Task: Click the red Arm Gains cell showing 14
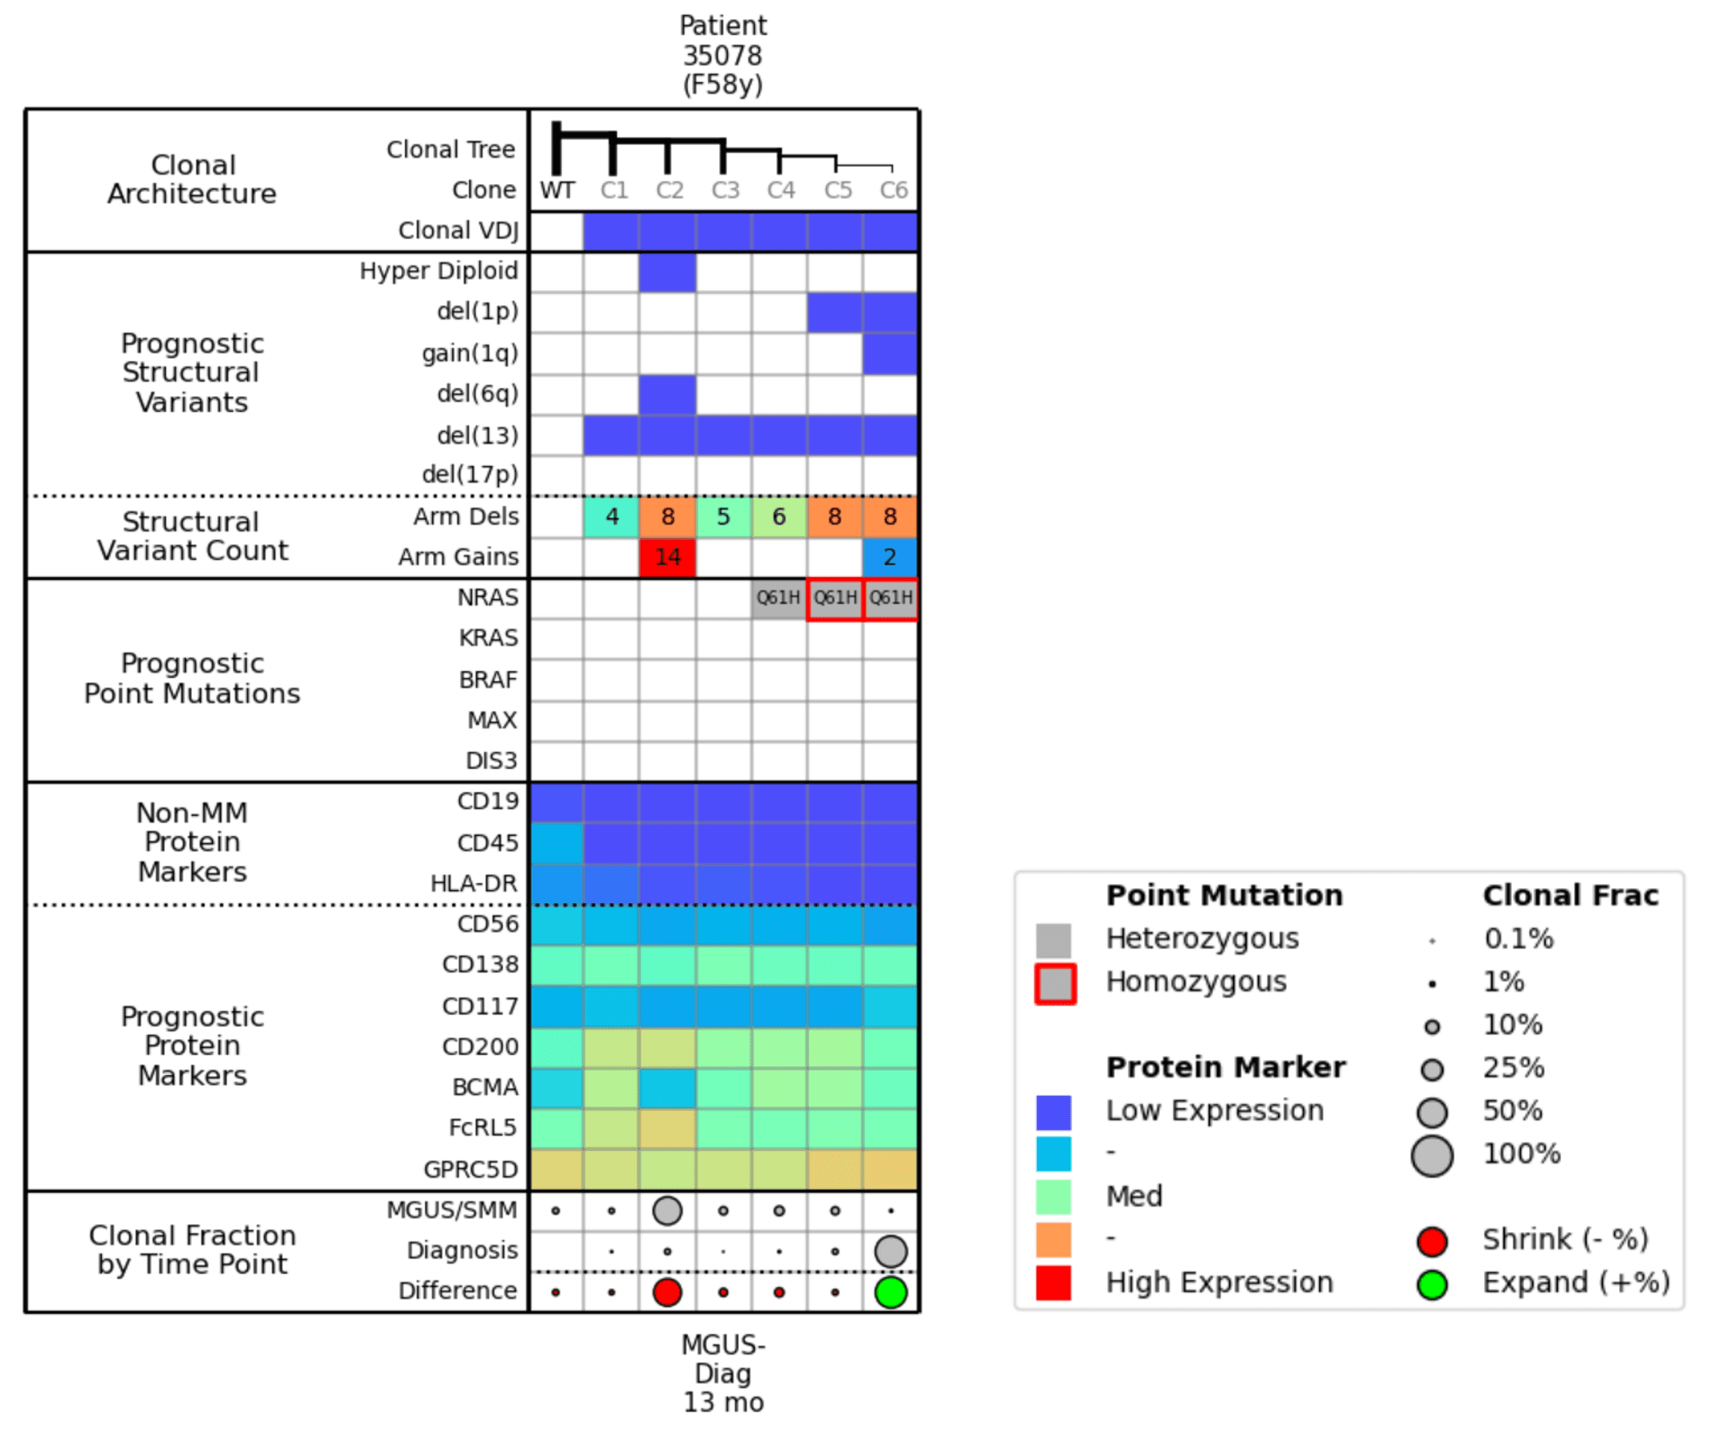[667, 557]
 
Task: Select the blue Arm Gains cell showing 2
[889, 557]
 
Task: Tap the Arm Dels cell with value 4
[612, 517]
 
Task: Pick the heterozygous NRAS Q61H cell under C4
[779, 598]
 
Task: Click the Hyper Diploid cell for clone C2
[667, 271]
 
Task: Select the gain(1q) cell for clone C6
[889, 353]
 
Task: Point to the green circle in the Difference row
[890, 1292]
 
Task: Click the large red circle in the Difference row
[667, 1292]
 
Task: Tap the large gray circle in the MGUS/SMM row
[667, 1210]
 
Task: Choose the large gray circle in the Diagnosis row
[890, 1251]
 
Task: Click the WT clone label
[557, 190]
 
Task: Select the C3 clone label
[725, 190]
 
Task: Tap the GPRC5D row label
[470, 1169]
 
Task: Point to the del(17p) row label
[470, 475]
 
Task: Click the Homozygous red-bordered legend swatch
[1054, 983]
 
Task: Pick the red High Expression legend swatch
[1054, 1283]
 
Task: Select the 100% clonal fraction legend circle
[1432, 1156]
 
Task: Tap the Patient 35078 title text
[723, 55]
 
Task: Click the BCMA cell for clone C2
[667, 1088]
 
